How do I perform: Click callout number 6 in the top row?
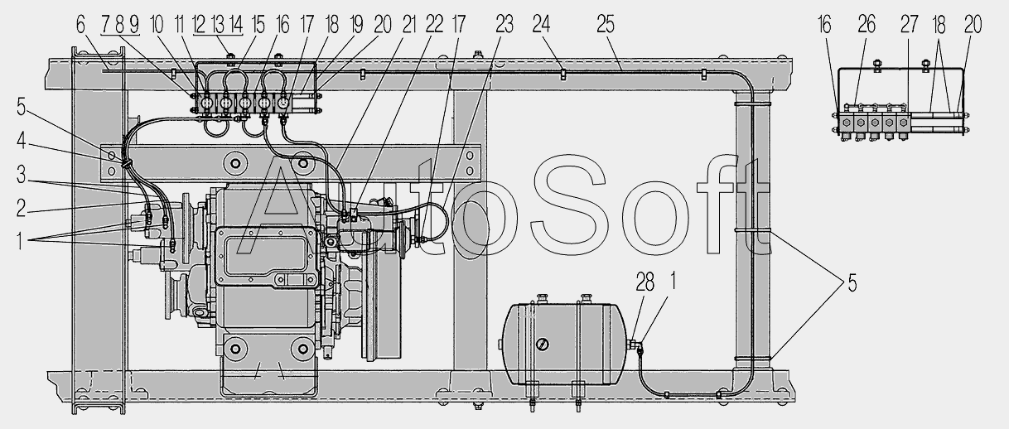coord(80,25)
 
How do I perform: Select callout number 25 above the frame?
coord(606,25)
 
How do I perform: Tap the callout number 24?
coord(542,25)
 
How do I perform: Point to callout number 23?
coord(504,25)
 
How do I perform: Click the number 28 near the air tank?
coord(645,282)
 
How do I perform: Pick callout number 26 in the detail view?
coord(867,25)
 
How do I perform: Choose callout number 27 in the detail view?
coord(910,25)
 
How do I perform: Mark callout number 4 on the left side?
coord(21,141)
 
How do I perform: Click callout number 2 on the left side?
coord(21,209)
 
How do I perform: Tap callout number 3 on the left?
coord(21,175)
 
